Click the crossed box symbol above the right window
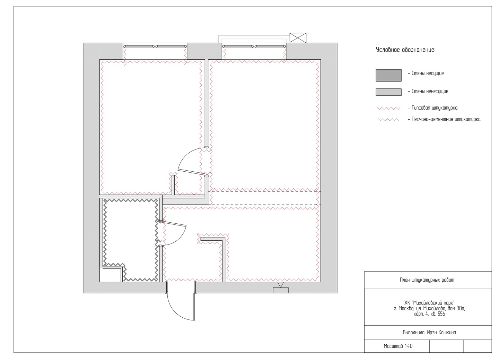pyautogui.click(x=298, y=38)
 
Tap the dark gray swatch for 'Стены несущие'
pyautogui.click(x=388, y=75)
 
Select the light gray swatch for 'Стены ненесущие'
pyautogui.click(x=388, y=92)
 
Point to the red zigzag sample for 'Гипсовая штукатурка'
pyautogui.click(x=388, y=109)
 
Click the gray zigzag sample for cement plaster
pyautogui.click(x=388, y=120)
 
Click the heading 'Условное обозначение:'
pyautogui.click(x=405, y=50)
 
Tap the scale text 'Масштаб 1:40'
pyautogui.click(x=398, y=346)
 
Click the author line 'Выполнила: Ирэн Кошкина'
pyautogui.click(x=429, y=332)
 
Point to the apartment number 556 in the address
pyautogui.click(x=441, y=314)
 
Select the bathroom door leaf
pyautogui.click(x=174, y=224)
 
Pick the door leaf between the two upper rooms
pyautogui.click(x=191, y=172)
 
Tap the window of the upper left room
pyautogui.click(x=155, y=46)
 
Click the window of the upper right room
pyautogui.click(x=254, y=46)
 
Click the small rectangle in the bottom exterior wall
pyautogui.click(x=281, y=290)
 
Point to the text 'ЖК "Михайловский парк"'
pyautogui.click(x=429, y=303)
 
